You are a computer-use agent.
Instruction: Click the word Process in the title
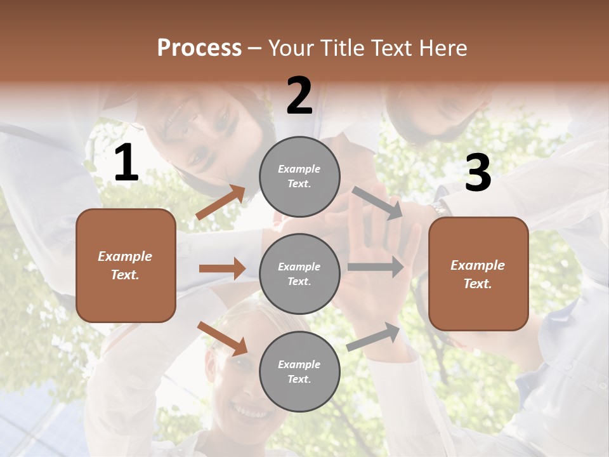coord(199,48)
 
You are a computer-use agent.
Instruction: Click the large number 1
coord(126,163)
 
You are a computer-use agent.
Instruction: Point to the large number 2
coord(299,95)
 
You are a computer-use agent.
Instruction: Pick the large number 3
coord(478,173)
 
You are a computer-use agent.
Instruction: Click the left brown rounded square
coord(126,265)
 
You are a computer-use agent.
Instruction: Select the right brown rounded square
coord(478,274)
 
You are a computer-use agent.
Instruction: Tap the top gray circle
coord(299,176)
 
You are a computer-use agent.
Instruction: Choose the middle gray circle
coord(299,274)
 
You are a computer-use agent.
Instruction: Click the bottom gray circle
coord(299,371)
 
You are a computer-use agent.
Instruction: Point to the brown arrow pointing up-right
coord(220,202)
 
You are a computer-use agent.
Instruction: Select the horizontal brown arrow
coord(222,268)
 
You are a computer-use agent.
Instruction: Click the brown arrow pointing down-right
coord(222,338)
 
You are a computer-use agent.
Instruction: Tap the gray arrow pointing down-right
coord(377,203)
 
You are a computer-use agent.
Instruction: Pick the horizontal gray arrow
coord(375,267)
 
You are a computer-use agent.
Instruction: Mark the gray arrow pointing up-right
coord(373,337)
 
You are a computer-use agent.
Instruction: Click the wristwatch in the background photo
coord(438,207)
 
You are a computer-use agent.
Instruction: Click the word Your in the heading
coord(292,48)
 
